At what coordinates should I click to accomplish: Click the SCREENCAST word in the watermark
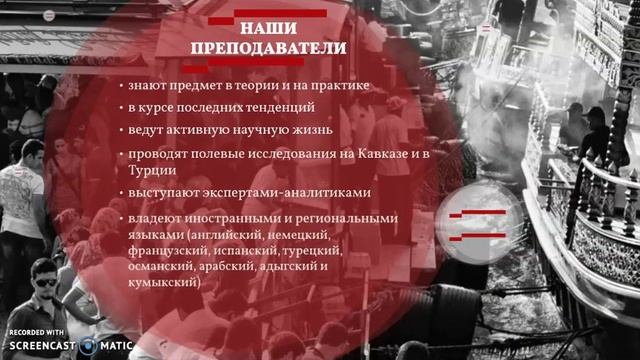(x=45, y=343)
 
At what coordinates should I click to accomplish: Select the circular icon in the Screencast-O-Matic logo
(x=94, y=342)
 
